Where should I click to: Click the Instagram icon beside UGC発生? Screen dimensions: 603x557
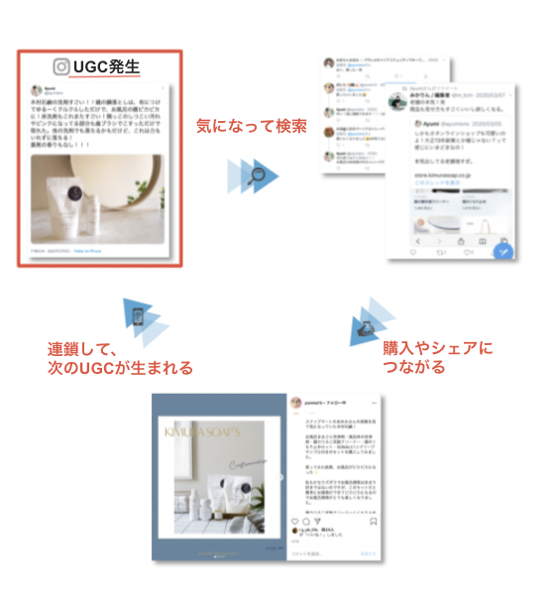(61, 66)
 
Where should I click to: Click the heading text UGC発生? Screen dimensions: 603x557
(106, 66)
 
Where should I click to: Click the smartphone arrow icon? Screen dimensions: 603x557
(140, 316)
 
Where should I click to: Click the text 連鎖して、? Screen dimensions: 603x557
(84, 349)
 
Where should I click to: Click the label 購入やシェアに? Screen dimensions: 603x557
(437, 348)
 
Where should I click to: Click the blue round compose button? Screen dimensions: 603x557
(503, 250)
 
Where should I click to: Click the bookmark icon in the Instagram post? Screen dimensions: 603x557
(373, 521)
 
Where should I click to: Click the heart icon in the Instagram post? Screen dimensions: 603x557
(293, 521)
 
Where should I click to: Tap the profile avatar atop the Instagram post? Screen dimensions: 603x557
(293, 402)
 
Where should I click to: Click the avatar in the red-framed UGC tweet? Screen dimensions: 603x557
(36, 90)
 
